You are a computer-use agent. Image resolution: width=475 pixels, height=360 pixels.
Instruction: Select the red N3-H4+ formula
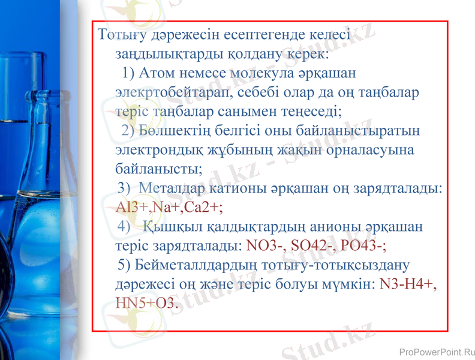click(x=408, y=284)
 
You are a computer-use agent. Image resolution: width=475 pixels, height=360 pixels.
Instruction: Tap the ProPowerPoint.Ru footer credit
click(x=436, y=351)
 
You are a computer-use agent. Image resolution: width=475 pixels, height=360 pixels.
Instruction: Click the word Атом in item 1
click(x=158, y=73)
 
